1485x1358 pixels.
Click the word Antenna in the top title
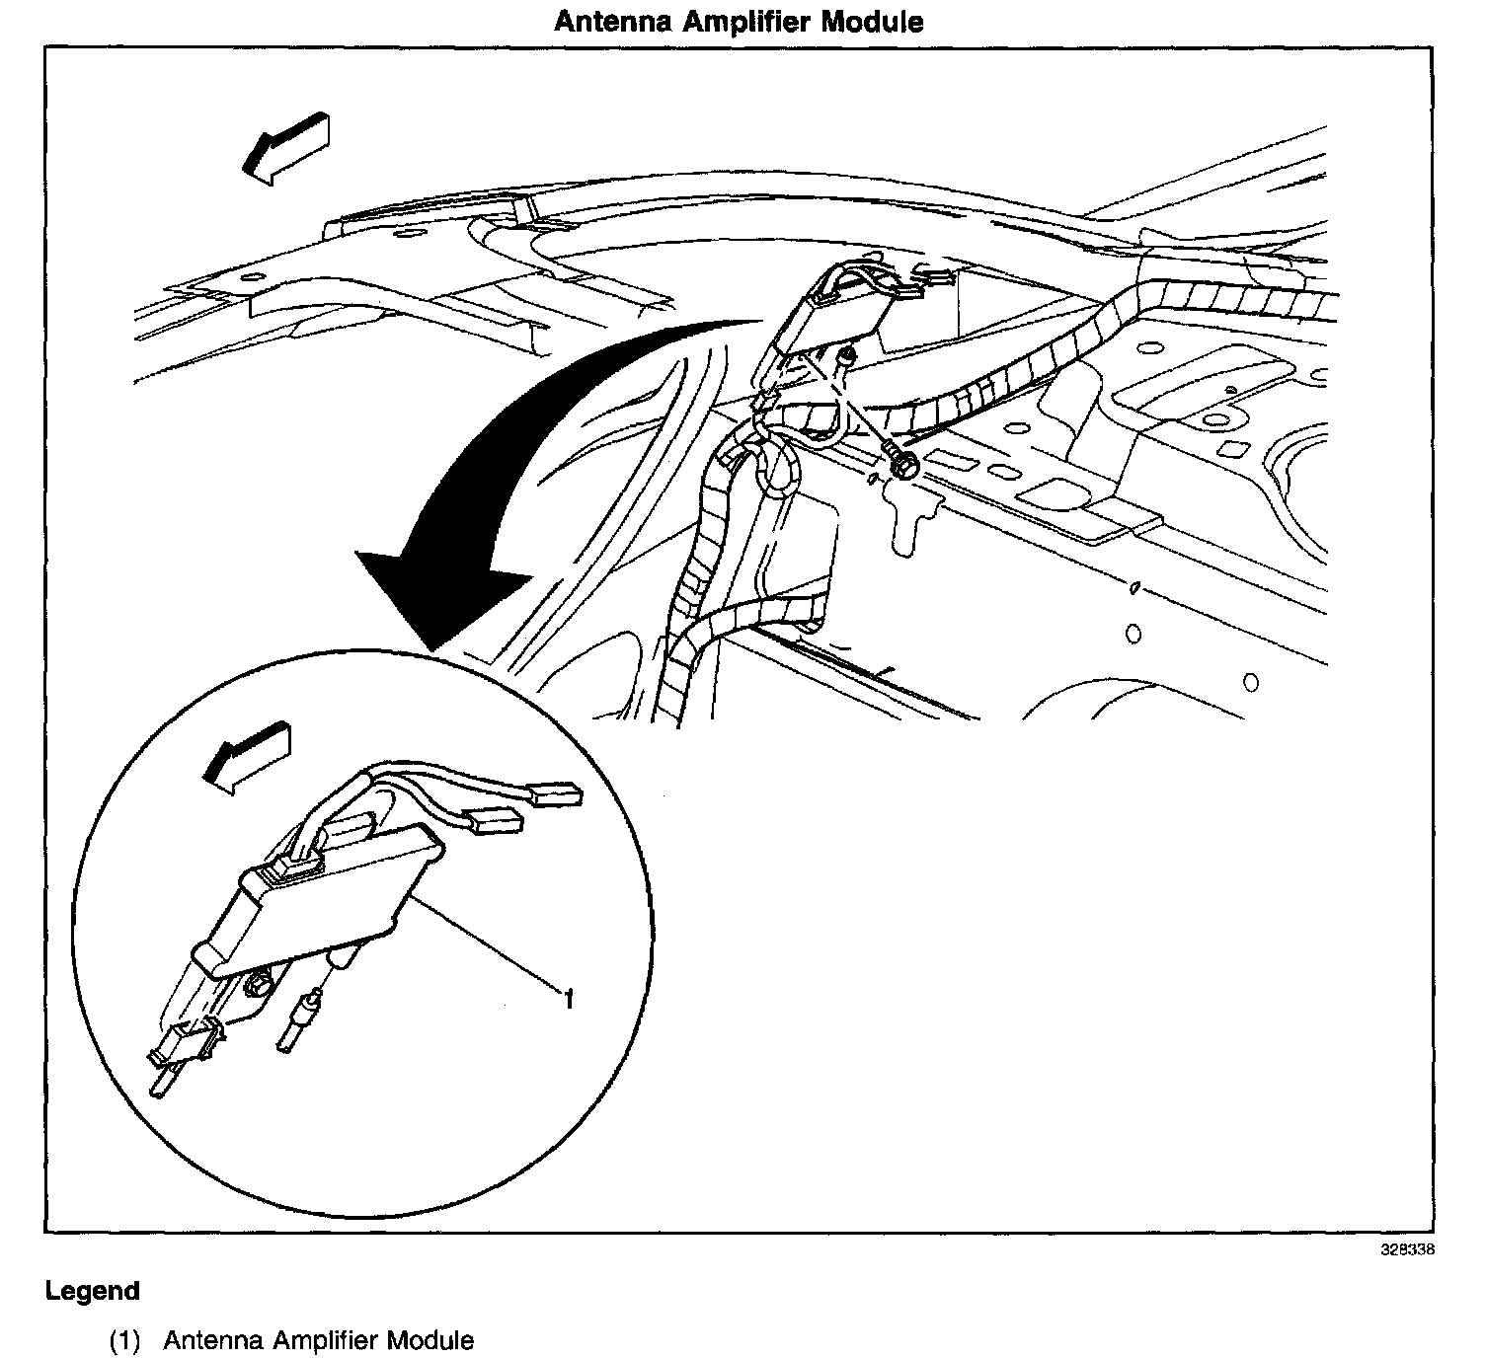click(614, 22)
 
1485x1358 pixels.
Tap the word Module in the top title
click(873, 22)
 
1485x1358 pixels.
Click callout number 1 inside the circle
click(569, 1001)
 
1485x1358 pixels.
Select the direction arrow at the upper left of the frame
click(285, 148)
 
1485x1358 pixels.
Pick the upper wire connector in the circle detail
click(556, 794)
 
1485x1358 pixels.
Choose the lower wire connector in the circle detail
click(497, 821)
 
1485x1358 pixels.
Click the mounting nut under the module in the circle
click(259, 984)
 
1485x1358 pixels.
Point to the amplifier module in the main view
click(829, 318)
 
